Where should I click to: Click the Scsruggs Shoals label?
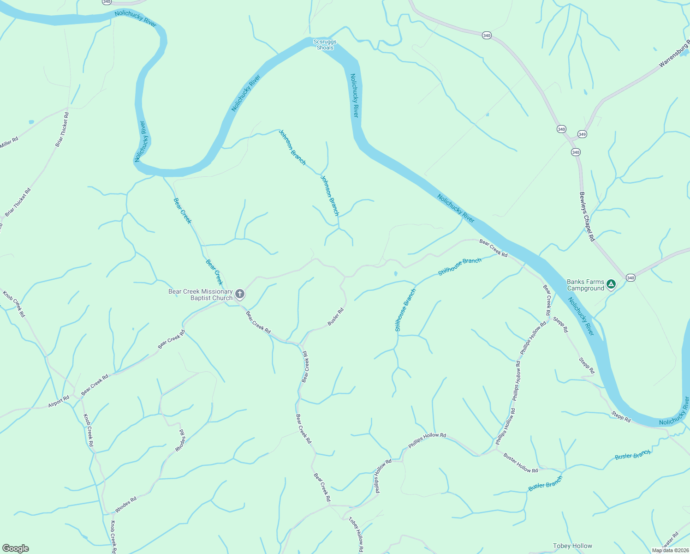(325, 45)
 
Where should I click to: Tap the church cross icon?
(240, 294)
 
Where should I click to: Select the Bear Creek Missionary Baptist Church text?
(201, 295)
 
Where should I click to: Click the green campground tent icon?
(611, 284)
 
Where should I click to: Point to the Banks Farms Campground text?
(585, 285)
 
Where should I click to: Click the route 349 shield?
(582, 134)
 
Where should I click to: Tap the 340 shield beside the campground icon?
(631, 277)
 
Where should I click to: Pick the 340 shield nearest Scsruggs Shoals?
(487, 35)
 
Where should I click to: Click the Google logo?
(15, 548)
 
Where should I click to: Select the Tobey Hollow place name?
(572, 546)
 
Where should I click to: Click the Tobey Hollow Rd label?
(356, 535)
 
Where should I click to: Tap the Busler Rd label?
(336, 317)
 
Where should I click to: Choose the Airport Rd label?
(59, 402)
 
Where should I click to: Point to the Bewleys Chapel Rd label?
(587, 217)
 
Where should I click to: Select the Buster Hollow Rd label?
(520, 464)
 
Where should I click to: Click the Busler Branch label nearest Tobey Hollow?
(545, 483)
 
